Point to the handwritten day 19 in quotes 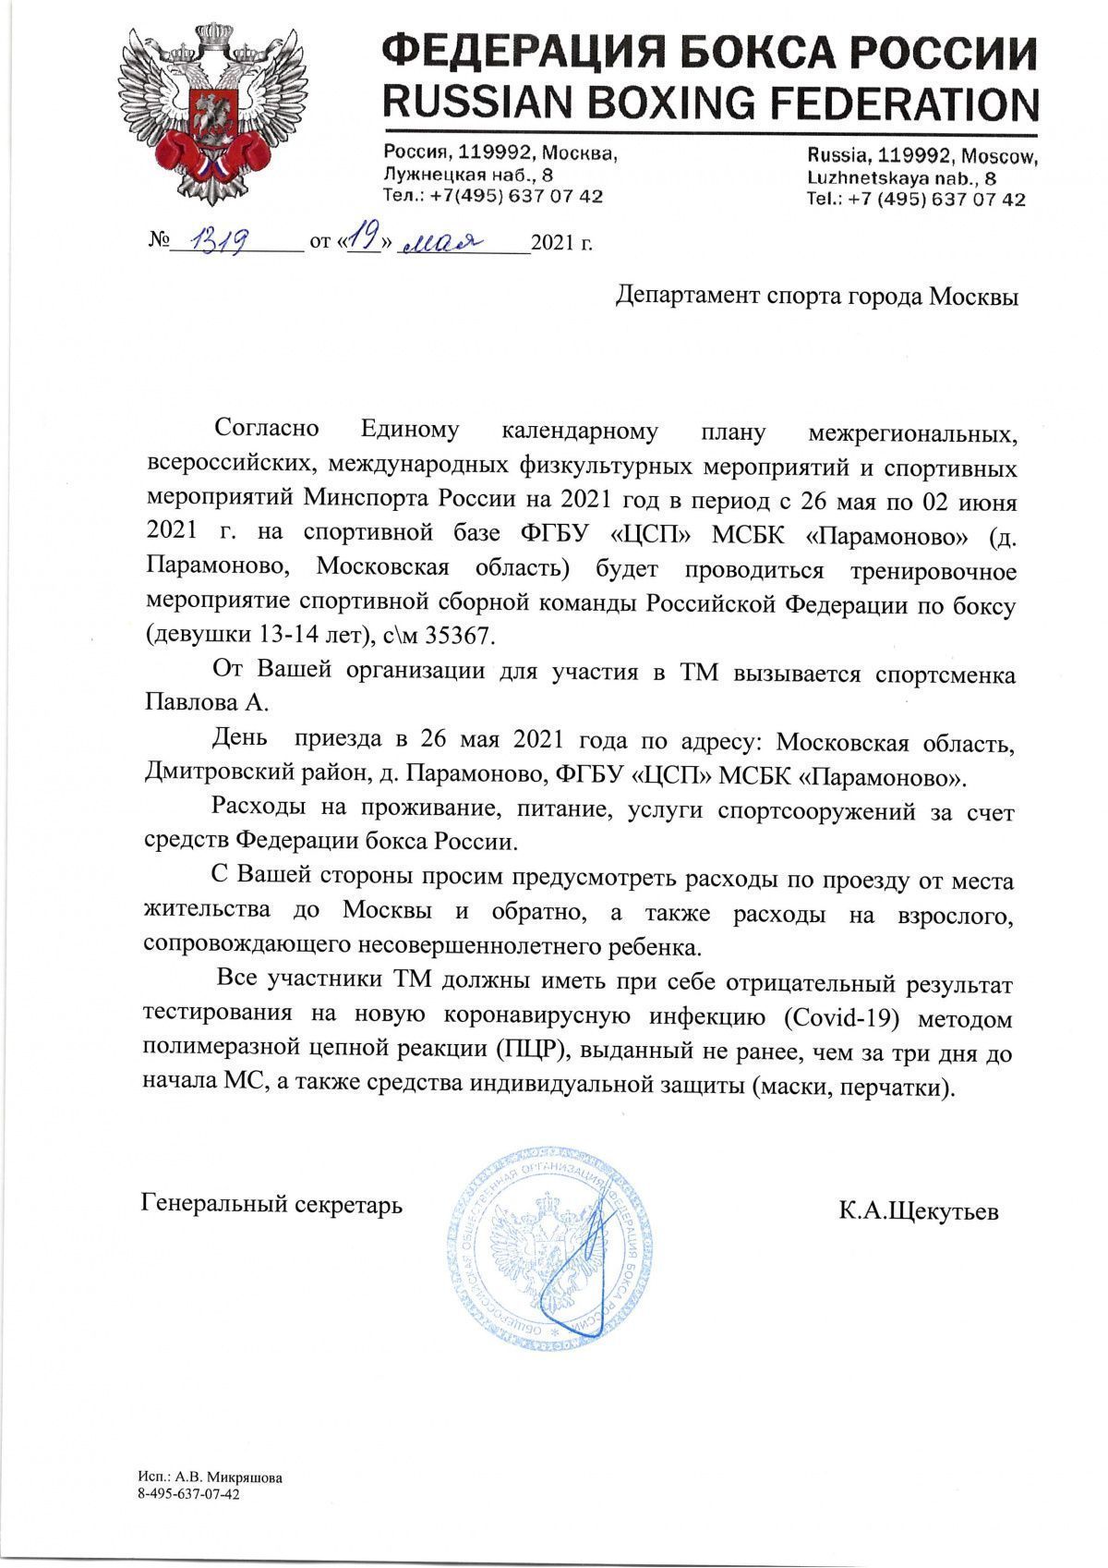pos(367,240)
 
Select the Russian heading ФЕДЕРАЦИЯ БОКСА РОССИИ pos(709,47)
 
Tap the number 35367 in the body pos(464,638)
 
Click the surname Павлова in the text pos(192,703)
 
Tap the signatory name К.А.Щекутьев pos(919,1211)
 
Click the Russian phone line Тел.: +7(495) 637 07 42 pos(493,196)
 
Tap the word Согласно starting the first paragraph pos(266,430)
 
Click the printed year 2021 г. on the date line pos(561,244)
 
